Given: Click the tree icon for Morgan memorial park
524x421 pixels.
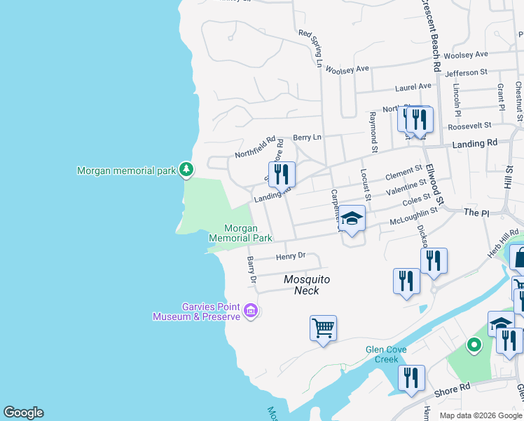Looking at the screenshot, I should click(186, 169).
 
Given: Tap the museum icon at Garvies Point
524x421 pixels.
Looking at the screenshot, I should click(251, 310).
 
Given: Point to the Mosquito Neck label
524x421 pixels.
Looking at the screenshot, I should click(306, 285).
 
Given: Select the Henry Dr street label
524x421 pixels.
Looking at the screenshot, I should click(291, 257).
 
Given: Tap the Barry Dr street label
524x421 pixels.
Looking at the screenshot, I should click(251, 270).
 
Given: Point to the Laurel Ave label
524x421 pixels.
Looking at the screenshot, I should click(413, 88).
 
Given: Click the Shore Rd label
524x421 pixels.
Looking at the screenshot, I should click(455, 388).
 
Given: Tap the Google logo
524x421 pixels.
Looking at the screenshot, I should click(23, 413).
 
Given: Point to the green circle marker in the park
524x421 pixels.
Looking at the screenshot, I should click(474, 345).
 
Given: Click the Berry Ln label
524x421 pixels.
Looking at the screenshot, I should click(307, 137).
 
